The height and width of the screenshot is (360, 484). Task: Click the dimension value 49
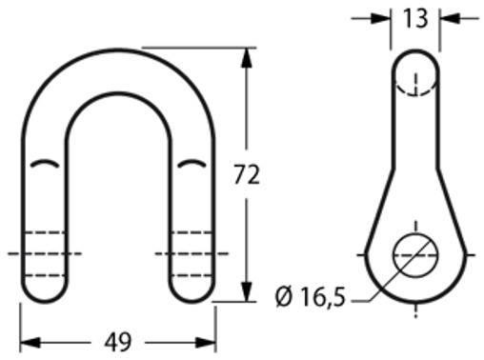117,342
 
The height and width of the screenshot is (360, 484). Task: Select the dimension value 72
246,175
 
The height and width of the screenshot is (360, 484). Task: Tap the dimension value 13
414,16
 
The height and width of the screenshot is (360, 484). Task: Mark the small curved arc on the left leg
44,164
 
